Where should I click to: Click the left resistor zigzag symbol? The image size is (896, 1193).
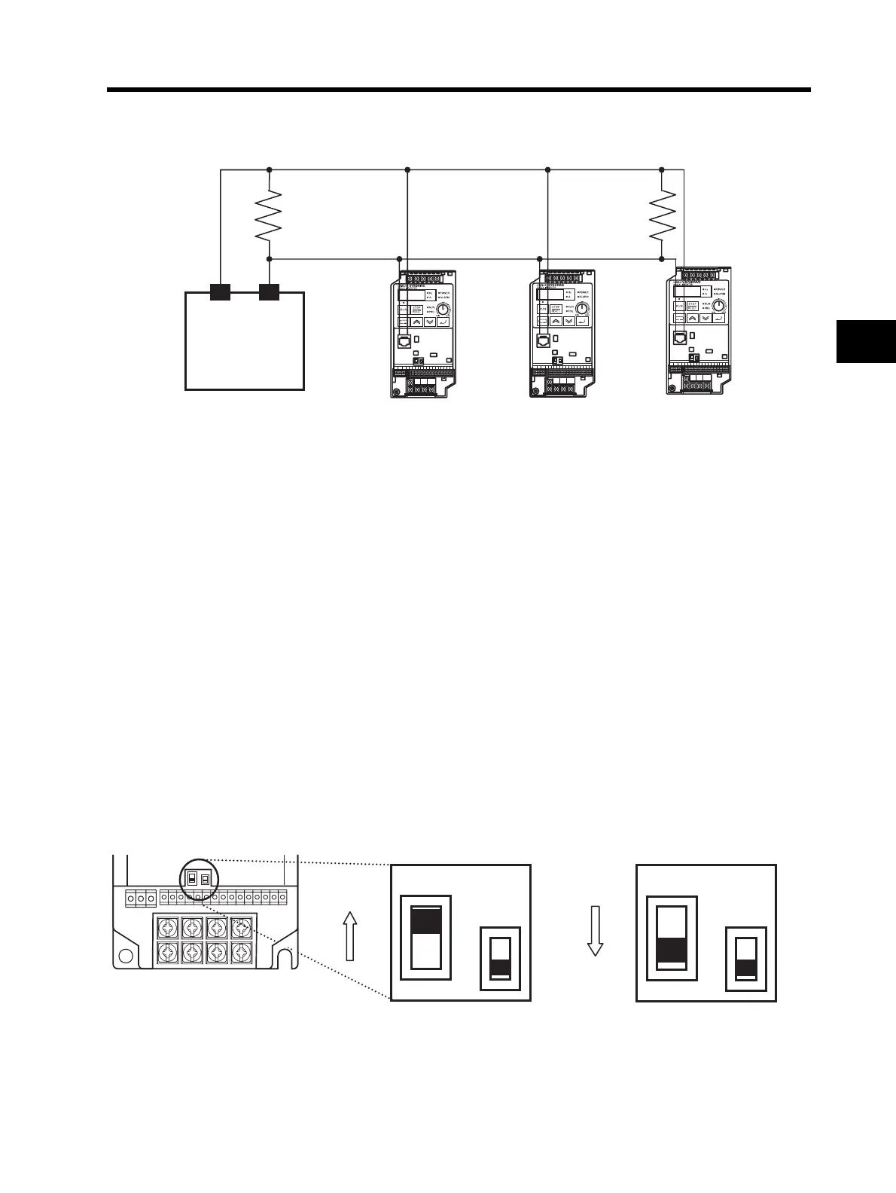click(269, 214)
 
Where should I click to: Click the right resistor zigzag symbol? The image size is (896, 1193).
click(661, 214)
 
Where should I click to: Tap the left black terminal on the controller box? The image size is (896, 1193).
click(220, 292)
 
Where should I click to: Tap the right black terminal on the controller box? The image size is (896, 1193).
click(269, 292)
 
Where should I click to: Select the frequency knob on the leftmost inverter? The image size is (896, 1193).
click(444, 310)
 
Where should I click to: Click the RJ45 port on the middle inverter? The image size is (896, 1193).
click(541, 340)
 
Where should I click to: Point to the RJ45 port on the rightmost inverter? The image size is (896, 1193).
click(679, 338)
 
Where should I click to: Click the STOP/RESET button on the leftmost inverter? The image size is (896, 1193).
click(419, 309)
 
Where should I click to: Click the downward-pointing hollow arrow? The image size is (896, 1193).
click(596, 931)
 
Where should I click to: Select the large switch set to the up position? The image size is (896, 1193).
click(425, 938)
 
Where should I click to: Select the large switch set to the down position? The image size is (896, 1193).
click(672, 938)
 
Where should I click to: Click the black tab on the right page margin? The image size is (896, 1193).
click(866, 342)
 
